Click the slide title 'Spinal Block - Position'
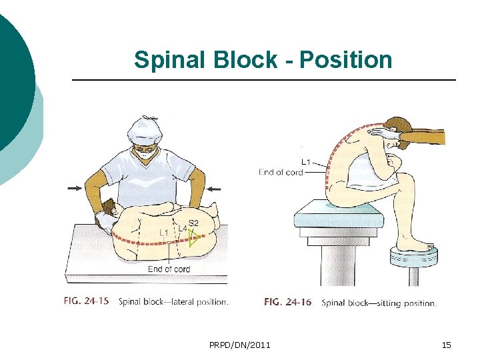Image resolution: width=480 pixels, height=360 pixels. tap(263, 60)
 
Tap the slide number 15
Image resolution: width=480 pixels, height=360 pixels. tap(447, 345)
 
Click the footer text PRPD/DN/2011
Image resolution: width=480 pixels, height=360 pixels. tap(239, 345)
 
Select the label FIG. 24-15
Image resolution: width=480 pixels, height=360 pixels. tap(87, 301)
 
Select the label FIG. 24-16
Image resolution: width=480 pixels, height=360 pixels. tap(287, 302)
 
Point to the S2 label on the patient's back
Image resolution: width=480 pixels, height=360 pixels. tap(193, 223)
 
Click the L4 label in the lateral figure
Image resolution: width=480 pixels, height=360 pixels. tap(182, 229)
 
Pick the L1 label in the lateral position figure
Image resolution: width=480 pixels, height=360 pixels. tap(163, 233)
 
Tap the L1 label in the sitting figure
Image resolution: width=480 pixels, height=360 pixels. tap(307, 161)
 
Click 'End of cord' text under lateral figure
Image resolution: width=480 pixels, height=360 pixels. tap(169, 269)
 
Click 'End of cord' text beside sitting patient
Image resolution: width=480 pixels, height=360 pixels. tap(281, 172)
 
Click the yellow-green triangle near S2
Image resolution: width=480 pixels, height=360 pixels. tap(193, 238)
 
